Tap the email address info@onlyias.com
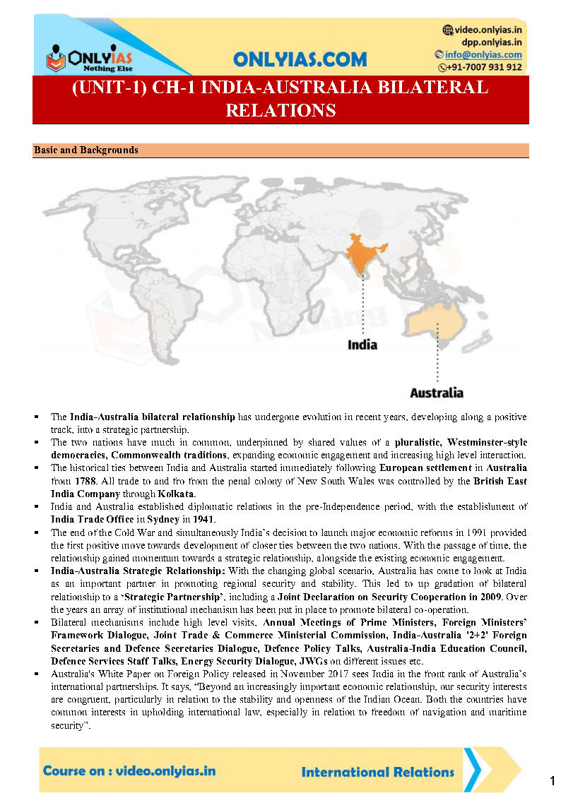click(x=483, y=54)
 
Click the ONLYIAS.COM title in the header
click(x=300, y=59)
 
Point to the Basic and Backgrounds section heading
click(x=85, y=150)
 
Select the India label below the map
click(x=362, y=345)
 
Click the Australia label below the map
click(x=437, y=392)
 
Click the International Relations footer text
click(x=377, y=771)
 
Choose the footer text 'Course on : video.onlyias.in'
click(x=129, y=770)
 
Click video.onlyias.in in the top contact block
click(x=488, y=30)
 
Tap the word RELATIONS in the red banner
click(x=280, y=110)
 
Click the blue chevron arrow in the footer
click(x=475, y=770)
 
